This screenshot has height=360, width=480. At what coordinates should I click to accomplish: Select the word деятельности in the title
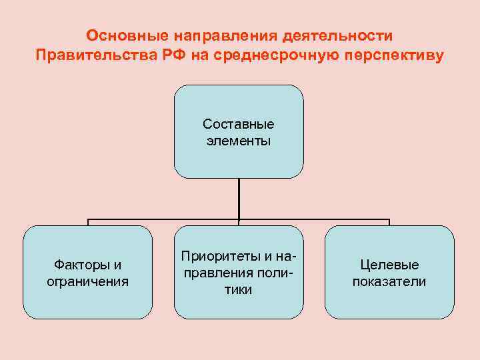coord(338,35)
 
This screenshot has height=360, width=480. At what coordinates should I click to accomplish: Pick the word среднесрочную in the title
coord(279,55)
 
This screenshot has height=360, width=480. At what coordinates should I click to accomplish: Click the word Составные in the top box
coord(239,124)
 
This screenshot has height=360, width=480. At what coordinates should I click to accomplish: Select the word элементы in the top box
coord(239,141)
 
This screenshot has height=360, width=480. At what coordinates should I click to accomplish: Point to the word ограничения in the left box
coord(88,281)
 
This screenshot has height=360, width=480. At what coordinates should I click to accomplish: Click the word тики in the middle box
coord(239,290)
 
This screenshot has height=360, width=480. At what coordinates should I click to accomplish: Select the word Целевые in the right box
coord(389,265)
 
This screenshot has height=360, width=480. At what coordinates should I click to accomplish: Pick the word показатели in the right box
coord(389,281)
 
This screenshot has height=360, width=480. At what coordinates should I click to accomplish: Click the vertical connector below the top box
coord(239,199)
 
